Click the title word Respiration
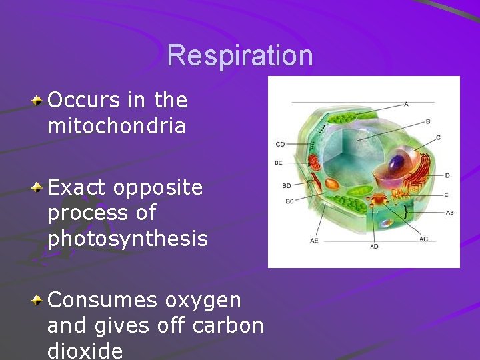tap(240, 55)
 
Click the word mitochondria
tap(117, 126)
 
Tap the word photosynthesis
tap(127, 238)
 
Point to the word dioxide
tap(85, 351)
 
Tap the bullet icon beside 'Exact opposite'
tap(38, 189)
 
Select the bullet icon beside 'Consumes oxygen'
tap(38, 301)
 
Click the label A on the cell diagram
tap(406, 104)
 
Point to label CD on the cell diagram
tap(280, 144)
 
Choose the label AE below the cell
tap(314, 241)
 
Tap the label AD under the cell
tap(374, 246)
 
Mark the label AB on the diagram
tap(449, 213)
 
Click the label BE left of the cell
tap(279, 163)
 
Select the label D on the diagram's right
tap(447, 175)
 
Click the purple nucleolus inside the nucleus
tap(397, 162)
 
